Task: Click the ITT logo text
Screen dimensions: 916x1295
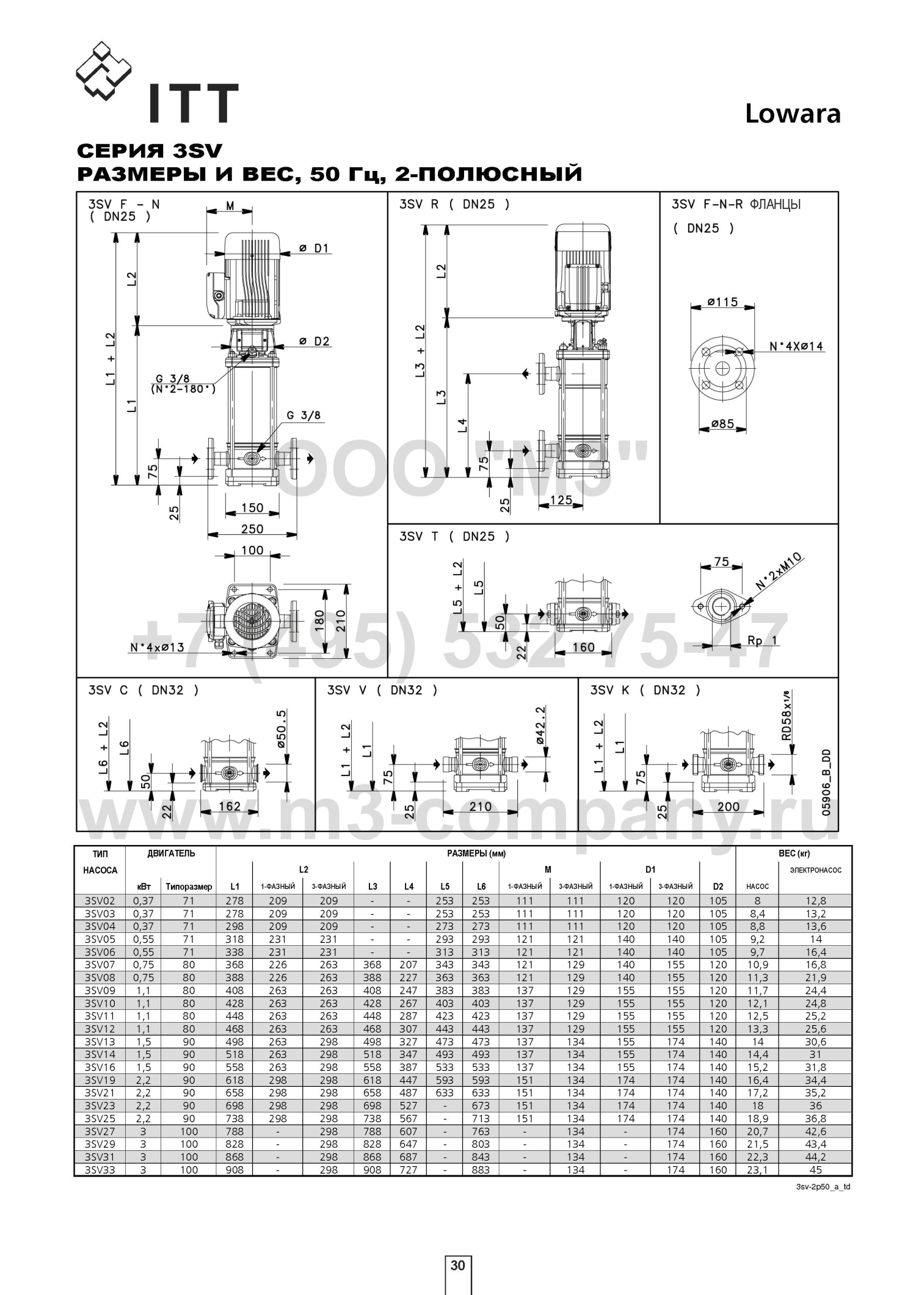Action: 191,103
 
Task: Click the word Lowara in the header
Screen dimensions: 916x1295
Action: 793,114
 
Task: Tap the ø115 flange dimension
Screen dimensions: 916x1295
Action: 722,302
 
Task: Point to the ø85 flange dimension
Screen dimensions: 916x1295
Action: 722,423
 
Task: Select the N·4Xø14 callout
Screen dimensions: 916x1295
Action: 796,346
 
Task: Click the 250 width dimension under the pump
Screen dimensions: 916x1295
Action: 252,529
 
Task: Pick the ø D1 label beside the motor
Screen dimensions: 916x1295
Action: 314,248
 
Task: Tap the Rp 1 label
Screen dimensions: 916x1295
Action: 763,640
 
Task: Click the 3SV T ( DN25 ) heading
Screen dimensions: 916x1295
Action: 454,537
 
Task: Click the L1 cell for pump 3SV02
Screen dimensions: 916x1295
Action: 234,901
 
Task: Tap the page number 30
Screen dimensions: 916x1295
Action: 457,1265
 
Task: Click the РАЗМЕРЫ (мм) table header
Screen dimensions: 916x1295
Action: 476,854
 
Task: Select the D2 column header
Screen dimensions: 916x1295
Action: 718,887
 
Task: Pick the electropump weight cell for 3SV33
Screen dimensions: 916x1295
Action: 815,1170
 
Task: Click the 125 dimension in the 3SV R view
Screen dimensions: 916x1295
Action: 561,501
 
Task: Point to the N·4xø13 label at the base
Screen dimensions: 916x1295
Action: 157,647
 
